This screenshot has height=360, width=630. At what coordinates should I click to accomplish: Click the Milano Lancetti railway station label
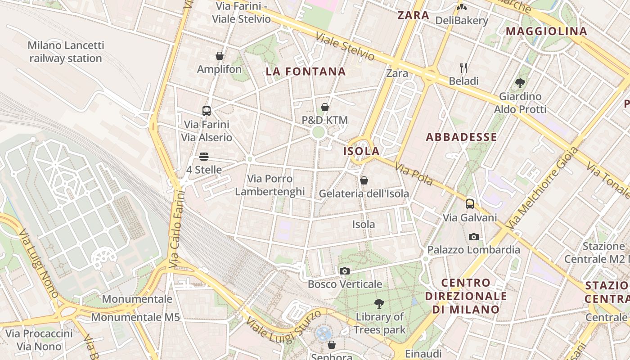click(x=66, y=52)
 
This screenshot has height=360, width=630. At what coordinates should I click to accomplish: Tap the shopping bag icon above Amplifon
click(x=220, y=56)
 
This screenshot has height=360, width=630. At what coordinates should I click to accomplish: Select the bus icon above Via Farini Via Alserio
click(x=207, y=111)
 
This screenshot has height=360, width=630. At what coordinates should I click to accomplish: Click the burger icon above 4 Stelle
click(x=204, y=157)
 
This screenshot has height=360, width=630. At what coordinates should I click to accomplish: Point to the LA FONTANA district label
click(x=306, y=72)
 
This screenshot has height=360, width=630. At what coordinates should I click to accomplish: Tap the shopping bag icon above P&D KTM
click(x=325, y=107)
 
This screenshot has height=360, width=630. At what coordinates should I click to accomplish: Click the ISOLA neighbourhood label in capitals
click(x=361, y=151)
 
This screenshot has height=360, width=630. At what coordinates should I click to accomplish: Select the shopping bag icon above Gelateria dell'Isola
click(x=364, y=180)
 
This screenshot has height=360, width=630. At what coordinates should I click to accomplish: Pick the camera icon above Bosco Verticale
click(x=345, y=271)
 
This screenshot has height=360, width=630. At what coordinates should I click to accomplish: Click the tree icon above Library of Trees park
click(x=379, y=304)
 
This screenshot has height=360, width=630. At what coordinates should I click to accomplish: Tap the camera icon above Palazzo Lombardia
click(x=473, y=237)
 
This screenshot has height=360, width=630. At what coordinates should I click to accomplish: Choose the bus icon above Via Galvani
click(x=470, y=204)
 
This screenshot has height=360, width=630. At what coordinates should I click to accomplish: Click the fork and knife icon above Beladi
click(x=463, y=68)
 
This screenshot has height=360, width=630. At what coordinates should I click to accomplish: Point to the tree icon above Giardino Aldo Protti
click(x=520, y=83)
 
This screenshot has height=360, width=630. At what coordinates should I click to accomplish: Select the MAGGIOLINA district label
click(x=547, y=31)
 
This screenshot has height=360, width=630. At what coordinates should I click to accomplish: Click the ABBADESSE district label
click(x=461, y=137)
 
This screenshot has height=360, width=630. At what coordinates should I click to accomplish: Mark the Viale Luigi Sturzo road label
click(x=284, y=331)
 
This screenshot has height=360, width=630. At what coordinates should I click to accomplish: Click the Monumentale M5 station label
click(x=135, y=317)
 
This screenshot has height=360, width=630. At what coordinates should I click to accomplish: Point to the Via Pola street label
click(x=414, y=175)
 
